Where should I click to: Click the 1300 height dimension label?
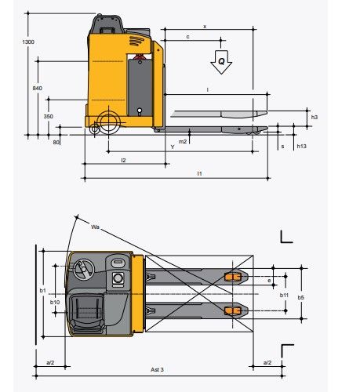coord(28,42)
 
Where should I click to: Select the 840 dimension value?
coord(38,89)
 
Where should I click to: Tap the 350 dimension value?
coord(49,116)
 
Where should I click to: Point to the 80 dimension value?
coord(56,143)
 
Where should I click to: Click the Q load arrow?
coord(221,62)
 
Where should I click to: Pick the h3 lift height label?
coord(315,117)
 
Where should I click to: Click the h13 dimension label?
coord(301,146)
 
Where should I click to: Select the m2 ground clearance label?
coord(183,142)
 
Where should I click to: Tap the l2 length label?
coord(123,160)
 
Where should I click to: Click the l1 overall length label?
coord(199,173)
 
